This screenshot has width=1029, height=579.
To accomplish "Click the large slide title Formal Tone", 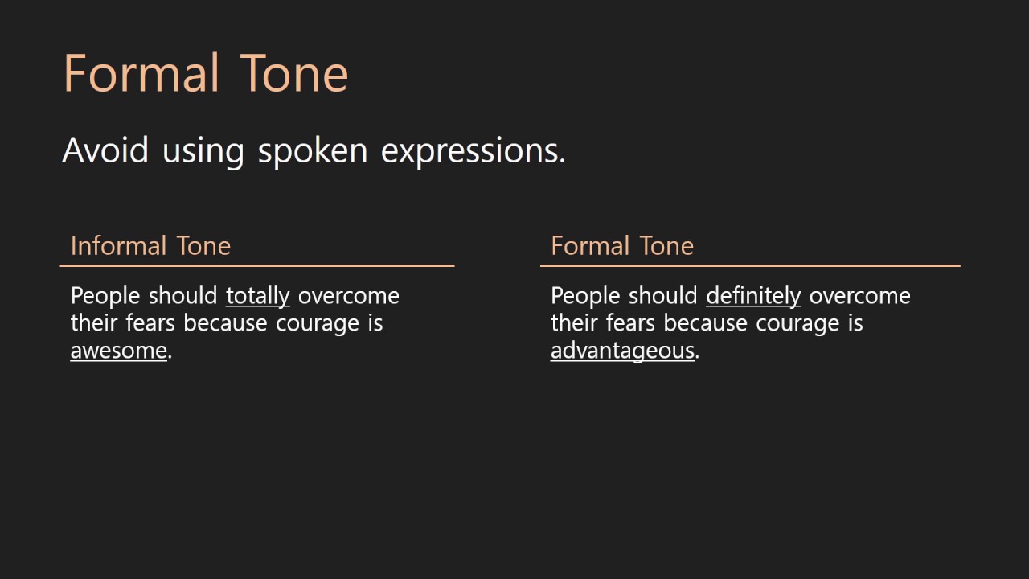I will click(205, 73).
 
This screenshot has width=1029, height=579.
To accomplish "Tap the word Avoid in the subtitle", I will click(105, 150).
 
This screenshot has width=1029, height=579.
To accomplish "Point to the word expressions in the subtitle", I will click(473, 150).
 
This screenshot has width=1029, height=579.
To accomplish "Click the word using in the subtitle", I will click(203, 150).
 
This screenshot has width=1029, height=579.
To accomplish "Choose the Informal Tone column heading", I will click(150, 245).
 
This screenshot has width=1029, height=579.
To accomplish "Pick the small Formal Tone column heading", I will click(621, 245).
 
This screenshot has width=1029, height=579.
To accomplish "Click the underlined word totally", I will click(257, 296).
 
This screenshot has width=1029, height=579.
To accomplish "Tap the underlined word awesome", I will click(118, 351).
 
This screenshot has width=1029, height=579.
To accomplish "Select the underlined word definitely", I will click(753, 296).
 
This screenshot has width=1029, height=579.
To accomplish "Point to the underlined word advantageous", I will click(622, 351).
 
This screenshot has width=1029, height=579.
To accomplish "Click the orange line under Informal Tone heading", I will click(257, 265).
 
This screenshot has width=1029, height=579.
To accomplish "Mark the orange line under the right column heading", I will click(750, 265).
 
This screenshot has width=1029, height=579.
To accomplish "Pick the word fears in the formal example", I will click(631, 323).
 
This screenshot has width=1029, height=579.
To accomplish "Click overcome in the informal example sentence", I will click(348, 296).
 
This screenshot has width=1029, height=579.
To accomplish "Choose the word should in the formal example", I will click(663, 296).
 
